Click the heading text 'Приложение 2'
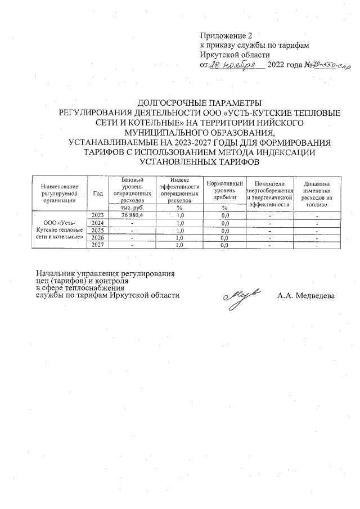pos(224,36)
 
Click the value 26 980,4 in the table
pos(132,215)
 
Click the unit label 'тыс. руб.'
pos(132,208)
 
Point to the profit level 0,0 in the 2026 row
pos(224,237)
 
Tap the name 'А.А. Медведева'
pos(306,296)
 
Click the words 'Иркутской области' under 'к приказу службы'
pos(235,55)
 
